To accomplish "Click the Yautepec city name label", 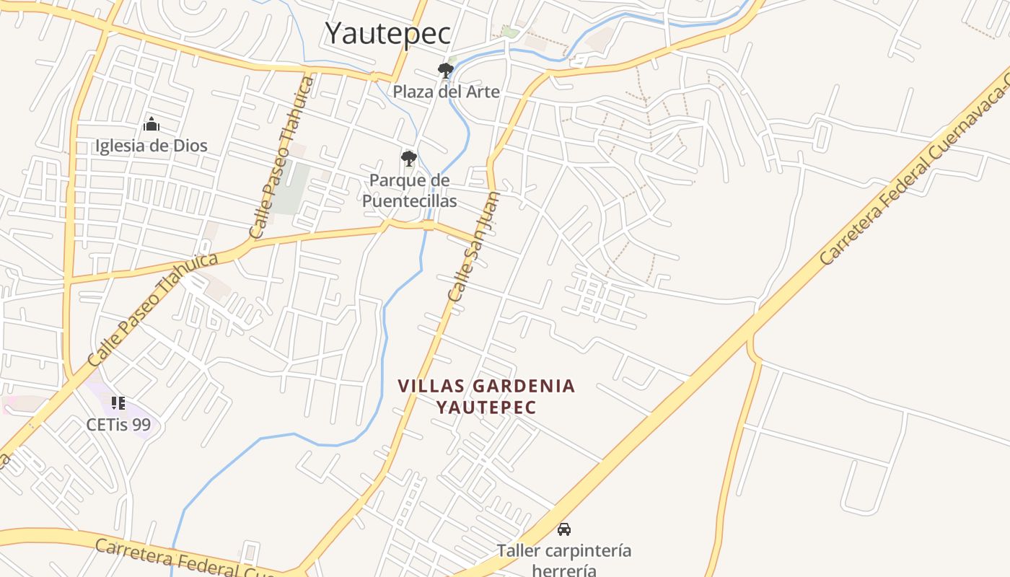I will point(388,33).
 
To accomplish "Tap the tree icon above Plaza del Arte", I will point(446,70).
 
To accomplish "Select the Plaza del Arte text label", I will point(446,92).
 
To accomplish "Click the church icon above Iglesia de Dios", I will point(151,124).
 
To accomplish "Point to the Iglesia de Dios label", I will point(151,146).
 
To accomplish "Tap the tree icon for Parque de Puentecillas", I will point(409,159).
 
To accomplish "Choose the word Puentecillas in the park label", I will point(409,201).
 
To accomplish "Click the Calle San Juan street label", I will point(473,247).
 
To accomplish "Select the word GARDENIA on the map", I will point(524,387).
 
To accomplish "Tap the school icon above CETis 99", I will point(118,402).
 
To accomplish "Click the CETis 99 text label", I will point(118,424).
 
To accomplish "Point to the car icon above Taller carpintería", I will point(564,529).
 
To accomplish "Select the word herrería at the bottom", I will point(564,571).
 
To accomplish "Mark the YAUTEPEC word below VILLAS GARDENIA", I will point(486,408).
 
